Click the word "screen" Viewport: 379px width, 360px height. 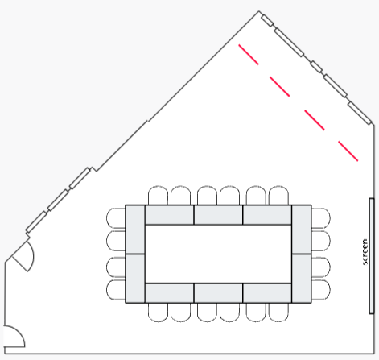coord(365,252)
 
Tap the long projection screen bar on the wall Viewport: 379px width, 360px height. coord(372,256)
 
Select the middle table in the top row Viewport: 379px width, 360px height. coord(218,215)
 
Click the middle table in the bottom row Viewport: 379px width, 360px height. coord(218,293)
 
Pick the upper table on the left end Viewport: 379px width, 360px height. coord(135,230)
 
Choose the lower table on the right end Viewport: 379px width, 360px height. coord(302,279)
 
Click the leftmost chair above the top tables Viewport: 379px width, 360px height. coord(158,195)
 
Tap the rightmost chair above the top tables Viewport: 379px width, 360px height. coord(278,195)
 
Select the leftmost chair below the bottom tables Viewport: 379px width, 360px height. coord(158,312)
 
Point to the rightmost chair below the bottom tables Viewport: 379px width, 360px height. coord(278,312)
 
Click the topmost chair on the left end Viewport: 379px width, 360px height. coord(116,218)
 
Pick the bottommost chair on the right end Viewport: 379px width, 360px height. coord(321,290)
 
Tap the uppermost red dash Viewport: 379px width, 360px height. coord(249,55)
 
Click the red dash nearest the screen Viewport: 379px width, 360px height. coord(348,151)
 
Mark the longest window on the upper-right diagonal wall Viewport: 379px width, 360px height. coord(289,43)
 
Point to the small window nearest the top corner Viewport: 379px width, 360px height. coord(267,21)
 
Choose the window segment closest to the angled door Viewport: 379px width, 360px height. coord(36,221)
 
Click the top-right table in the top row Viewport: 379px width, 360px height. coord(267,215)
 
